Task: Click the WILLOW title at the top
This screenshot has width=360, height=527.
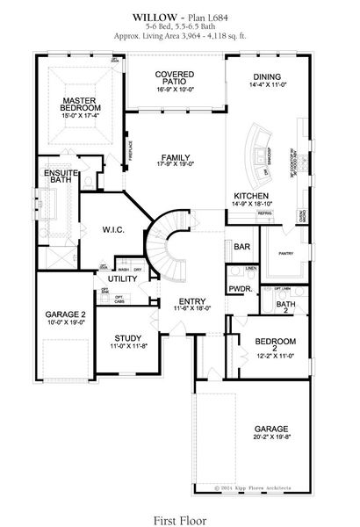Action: click(x=150, y=17)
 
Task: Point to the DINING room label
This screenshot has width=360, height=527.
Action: click(x=267, y=76)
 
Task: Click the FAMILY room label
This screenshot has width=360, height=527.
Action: click(x=174, y=157)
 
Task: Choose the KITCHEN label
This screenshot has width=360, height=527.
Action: click(x=251, y=195)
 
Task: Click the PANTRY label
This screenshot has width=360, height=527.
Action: click(x=284, y=253)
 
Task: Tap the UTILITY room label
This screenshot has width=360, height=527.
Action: click(x=123, y=278)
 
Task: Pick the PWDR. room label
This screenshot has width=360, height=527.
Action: click(x=240, y=288)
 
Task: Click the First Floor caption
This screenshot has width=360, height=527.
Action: click(x=179, y=507)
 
